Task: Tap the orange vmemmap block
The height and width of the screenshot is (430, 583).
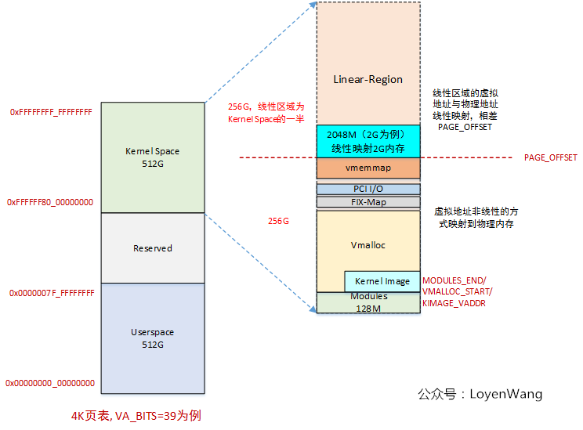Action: [368, 168]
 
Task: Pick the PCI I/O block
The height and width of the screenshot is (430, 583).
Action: [368, 189]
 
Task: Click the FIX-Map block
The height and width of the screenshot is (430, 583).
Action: [368, 202]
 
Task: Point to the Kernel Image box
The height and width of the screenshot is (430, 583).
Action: [382, 281]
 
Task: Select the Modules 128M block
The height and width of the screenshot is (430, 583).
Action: [368, 302]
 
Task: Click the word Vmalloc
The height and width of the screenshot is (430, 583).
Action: [368, 245]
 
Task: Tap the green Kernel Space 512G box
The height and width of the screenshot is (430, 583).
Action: [152, 157]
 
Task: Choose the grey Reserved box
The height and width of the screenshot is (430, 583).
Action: [152, 248]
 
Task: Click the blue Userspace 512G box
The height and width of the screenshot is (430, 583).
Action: [152, 338]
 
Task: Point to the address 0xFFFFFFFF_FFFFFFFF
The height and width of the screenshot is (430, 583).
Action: [51, 112]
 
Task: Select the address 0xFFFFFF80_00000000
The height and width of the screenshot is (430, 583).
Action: [50, 202]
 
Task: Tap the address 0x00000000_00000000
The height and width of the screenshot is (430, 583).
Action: [50, 383]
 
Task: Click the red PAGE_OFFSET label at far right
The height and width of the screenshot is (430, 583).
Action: [550, 157]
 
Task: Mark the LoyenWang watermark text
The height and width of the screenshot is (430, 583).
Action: [480, 394]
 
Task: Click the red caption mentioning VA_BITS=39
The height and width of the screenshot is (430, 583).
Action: [136, 415]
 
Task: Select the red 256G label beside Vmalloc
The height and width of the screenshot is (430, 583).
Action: [278, 221]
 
